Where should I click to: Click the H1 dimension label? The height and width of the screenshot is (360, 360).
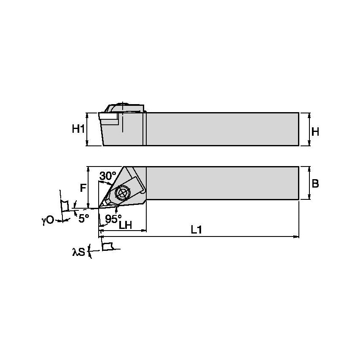click(78, 129)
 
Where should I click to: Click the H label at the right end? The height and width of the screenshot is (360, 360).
click(315, 132)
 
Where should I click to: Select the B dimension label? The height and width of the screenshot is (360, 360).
click(315, 184)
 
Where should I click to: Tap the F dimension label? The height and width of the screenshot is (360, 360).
click(83, 188)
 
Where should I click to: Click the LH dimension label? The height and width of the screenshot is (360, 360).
click(126, 226)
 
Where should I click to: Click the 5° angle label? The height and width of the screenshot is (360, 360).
click(84, 218)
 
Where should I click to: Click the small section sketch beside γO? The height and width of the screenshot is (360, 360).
click(64, 206)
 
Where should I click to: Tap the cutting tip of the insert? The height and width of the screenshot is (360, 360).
click(99, 207)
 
